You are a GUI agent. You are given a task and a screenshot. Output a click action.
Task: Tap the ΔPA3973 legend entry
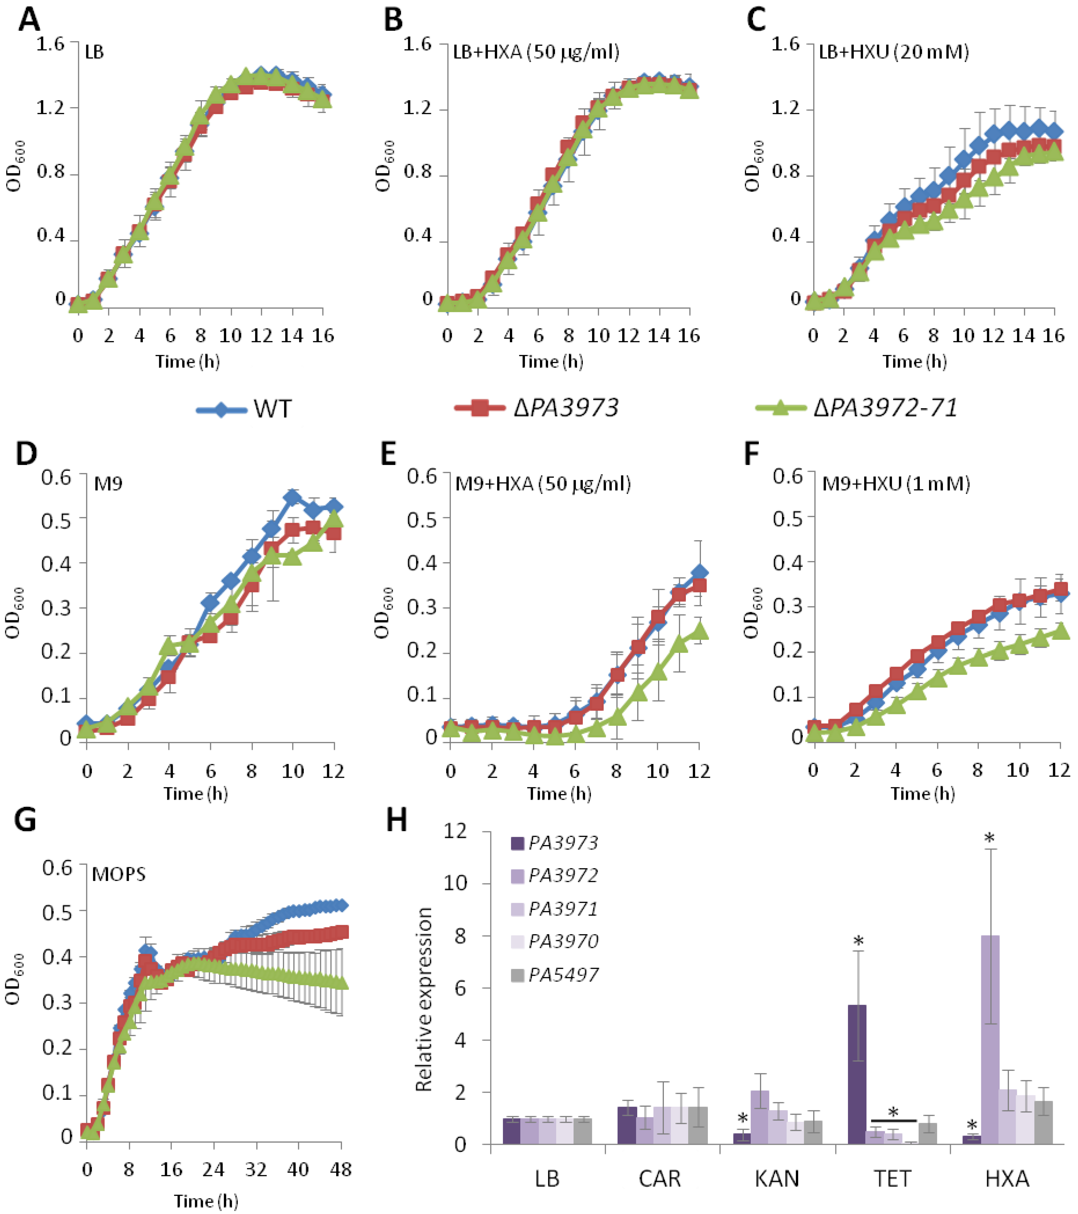pos(536,408)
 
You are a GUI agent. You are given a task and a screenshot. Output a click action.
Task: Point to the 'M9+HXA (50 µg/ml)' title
pos(543,484)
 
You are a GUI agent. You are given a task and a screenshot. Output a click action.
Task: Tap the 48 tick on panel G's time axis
pos(340,1169)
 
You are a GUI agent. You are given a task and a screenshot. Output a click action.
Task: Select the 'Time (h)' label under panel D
pos(196,794)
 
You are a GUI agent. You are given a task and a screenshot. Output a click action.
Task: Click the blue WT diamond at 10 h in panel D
pos(292,497)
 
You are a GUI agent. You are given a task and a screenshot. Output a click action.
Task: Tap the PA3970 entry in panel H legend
pos(563,941)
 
